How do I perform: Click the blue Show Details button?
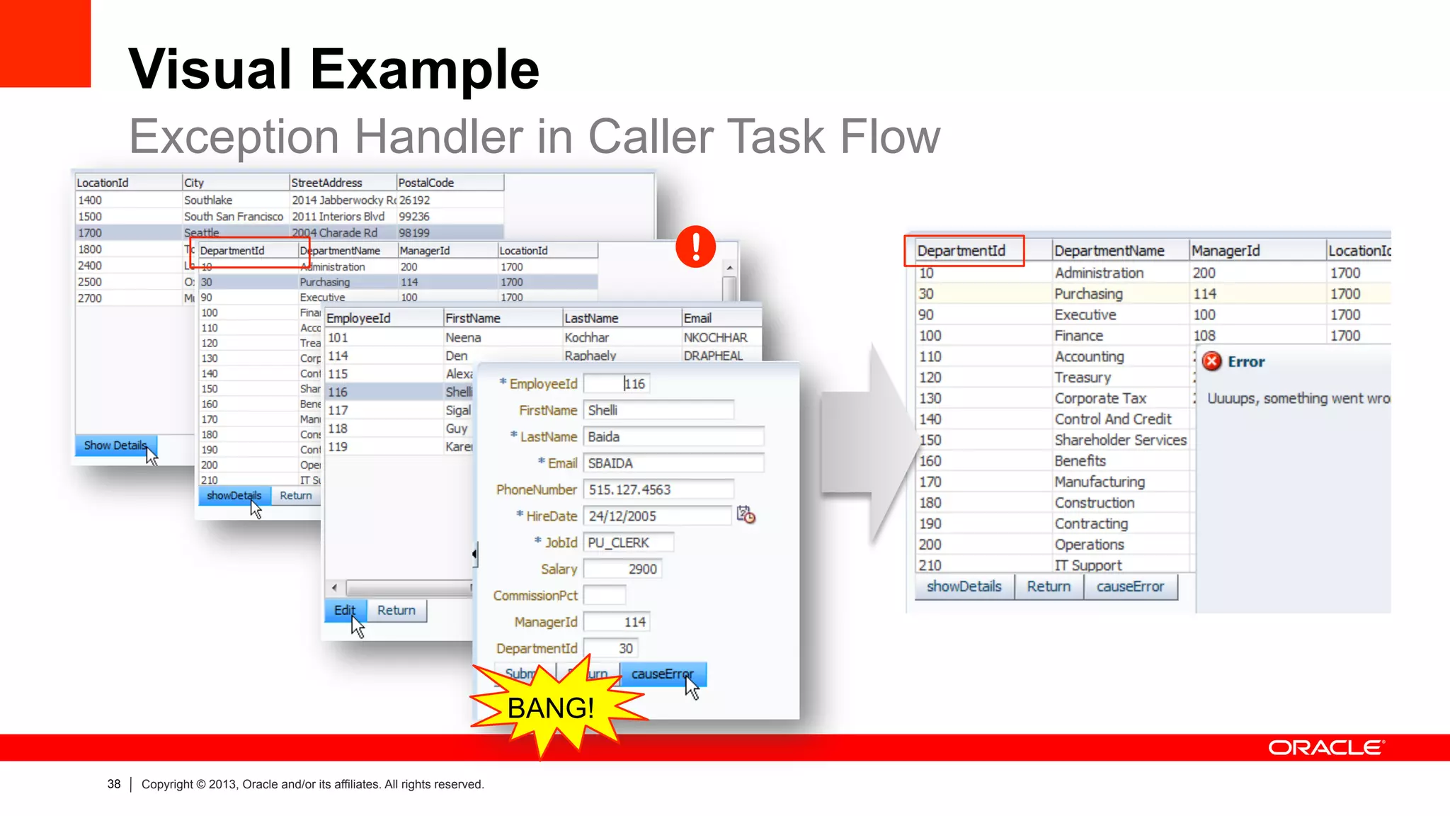tap(115, 446)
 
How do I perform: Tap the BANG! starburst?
tap(552, 708)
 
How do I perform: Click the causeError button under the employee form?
tap(662, 674)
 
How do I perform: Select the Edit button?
tap(345, 611)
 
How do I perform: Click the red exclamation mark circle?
tap(695, 246)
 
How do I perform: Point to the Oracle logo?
tap(1326, 748)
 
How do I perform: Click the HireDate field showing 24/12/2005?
tap(656, 516)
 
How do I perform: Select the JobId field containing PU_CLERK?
tap(627, 543)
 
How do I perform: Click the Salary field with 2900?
tap(622, 569)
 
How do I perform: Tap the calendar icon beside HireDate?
tap(746, 515)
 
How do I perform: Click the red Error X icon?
tap(1212, 361)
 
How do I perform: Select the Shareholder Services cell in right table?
tap(1120, 440)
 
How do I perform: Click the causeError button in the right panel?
tap(1130, 586)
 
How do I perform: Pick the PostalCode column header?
tap(449, 183)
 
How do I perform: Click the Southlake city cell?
tap(208, 200)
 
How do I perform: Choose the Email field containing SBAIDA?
tap(673, 463)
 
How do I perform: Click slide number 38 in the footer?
tap(114, 784)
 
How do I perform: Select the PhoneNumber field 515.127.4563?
tap(658, 489)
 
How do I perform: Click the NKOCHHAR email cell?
tap(715, 338)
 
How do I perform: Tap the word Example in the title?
tap(425, 69)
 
